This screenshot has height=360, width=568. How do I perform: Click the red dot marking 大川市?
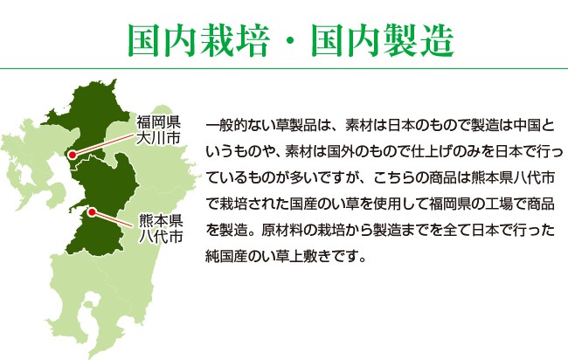coord(73,155)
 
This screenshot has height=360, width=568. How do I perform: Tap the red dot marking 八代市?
coord(92,212)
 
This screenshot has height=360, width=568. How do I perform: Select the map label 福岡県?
coord(158,122)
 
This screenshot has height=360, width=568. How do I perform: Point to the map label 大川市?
coord(158,138)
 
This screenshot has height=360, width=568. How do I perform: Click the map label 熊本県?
coord(161,220)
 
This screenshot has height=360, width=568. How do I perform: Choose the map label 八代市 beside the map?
coord(161,236)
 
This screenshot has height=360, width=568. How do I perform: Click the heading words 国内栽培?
coord(199,40)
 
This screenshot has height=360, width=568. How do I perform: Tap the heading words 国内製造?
coord(383,40)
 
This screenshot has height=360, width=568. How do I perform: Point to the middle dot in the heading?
coord(290,41)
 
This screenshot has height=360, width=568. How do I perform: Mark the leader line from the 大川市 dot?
coord(104,144)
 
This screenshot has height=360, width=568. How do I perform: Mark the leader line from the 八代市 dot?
coord(113,219)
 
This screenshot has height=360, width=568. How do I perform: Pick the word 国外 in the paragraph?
coord(341,152)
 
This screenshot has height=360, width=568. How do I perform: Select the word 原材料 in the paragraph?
coord(282,230)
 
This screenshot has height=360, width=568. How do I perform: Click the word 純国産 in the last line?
coord(226,256)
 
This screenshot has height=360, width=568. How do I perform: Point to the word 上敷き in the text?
coord(310,256)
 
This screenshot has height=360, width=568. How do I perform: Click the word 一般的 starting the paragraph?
coord(226,126)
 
